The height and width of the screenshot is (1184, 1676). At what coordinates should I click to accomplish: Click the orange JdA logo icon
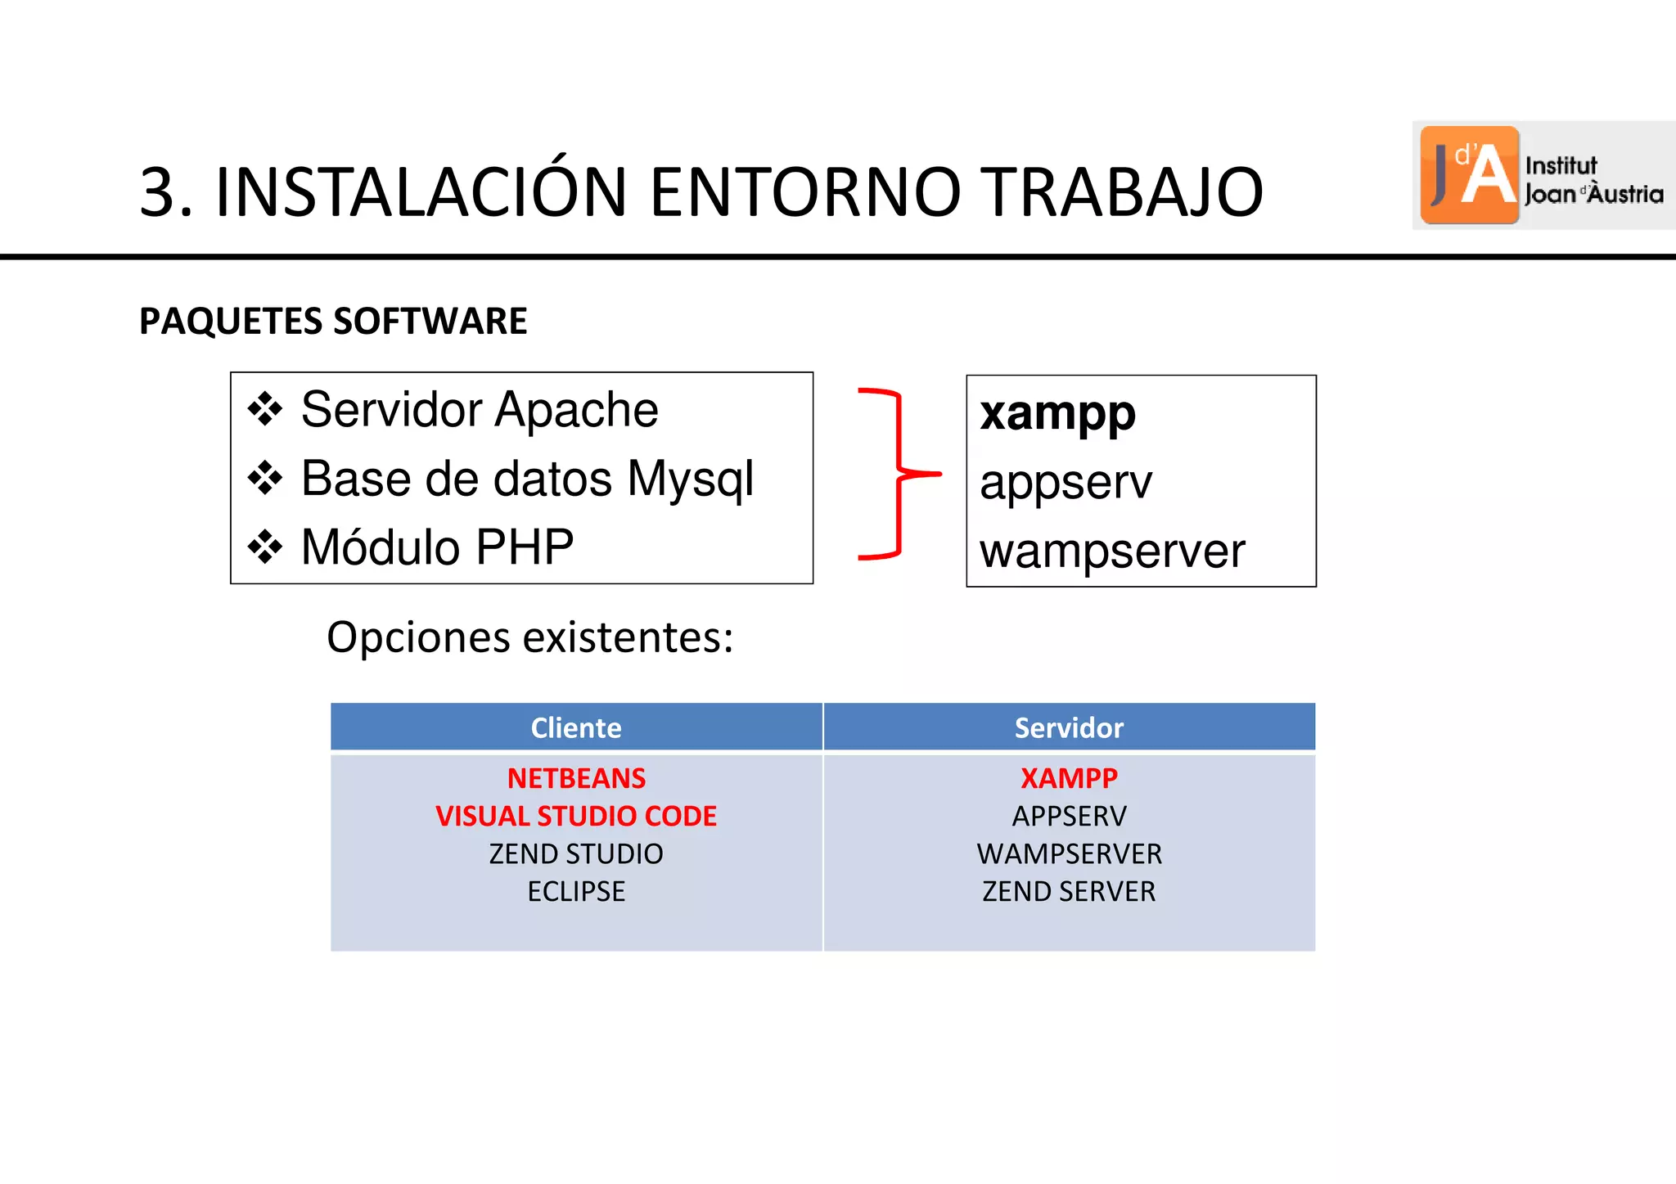click(x=1469, y=175)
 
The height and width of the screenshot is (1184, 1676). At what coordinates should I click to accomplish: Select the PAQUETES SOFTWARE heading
click(x=333, y=321)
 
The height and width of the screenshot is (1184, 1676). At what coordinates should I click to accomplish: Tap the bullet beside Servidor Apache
click(x=265, y=409)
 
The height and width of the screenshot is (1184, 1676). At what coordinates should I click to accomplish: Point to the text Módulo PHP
click(x=437, y=547)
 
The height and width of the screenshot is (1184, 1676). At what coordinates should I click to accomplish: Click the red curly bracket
click(x=899, y=474)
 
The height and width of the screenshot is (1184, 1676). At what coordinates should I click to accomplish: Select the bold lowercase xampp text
click(x=1057, y=413)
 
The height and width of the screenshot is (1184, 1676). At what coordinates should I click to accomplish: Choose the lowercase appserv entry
click(x=1066, y=482)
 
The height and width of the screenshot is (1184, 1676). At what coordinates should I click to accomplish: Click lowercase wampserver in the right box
click(x=1112, y=551)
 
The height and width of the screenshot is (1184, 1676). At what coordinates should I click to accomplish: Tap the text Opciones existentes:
click(x=529, y=637)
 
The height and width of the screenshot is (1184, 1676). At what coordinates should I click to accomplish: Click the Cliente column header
click(x=576, y=727)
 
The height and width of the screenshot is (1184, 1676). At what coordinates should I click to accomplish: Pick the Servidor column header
click(x=1069, y=727)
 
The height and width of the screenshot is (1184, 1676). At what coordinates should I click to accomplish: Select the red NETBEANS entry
click(x=576, y=778)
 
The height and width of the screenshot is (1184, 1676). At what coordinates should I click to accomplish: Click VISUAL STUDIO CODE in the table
click(x=576, y=816)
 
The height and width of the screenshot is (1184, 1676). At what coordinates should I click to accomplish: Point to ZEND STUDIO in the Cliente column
click(x=576, y=853)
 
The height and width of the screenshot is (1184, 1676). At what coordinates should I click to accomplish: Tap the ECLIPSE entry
click(x=576, y=891)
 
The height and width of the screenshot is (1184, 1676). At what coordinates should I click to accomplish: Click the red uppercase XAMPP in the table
click(x=1069, y=778)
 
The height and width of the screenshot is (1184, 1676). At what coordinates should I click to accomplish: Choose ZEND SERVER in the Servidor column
click(x=1069, y=891)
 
